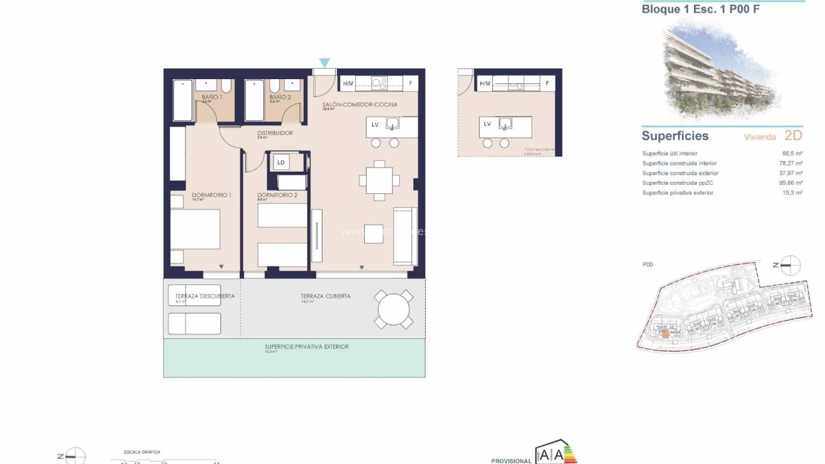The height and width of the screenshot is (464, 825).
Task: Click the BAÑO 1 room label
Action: (211, 97)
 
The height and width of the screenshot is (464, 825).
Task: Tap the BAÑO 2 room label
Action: (280, 97)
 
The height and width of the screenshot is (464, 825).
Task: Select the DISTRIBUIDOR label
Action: (275, 133)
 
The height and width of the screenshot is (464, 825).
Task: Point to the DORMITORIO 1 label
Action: (211, 195)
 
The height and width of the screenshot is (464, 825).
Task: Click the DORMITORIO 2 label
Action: (277, 195)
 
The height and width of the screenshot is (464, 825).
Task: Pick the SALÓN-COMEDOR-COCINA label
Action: (359, 105)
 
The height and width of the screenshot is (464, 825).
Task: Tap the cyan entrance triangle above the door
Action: (324, 62)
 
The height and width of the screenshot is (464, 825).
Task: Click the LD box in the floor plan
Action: (281, 162)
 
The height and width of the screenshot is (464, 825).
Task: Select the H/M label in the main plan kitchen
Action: (348, 83)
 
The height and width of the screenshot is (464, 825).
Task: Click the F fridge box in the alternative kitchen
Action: (548, 83)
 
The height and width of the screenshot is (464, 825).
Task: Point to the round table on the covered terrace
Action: (394, 309)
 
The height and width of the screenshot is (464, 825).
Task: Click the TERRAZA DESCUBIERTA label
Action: (204, 296)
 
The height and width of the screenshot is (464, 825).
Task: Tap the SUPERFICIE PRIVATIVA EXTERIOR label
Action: (306, 347)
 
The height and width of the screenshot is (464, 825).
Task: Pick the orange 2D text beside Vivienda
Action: (793, 135)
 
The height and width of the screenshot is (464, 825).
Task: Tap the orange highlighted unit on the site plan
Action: (665, 333)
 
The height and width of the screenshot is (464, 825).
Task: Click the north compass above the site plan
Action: (790, 265)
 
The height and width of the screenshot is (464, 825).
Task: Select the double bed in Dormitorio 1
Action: (195, 229)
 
